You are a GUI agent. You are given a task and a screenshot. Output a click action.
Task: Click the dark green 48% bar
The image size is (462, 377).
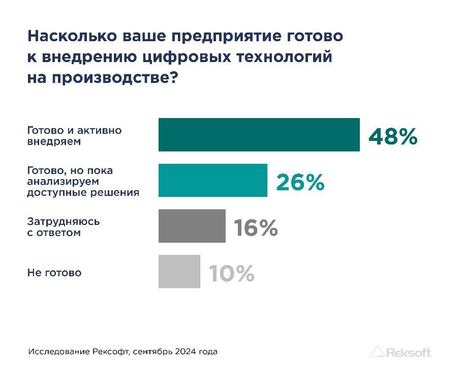[259, 135]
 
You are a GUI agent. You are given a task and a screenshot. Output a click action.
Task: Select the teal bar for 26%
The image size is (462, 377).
[212, 180]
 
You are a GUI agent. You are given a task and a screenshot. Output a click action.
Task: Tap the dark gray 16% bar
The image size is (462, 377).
[192, 226]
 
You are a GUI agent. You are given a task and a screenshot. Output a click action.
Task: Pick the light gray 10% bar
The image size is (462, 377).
[179, 272]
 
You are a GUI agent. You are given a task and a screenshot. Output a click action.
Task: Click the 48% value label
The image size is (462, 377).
[392, 136]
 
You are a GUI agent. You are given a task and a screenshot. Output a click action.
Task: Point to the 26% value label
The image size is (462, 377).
[300, 182]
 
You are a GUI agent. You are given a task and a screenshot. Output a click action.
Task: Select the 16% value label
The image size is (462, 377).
[256, 228]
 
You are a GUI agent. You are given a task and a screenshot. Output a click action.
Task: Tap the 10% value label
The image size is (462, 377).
[231, 274]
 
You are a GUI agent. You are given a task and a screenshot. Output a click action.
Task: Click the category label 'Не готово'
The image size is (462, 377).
[54, 273]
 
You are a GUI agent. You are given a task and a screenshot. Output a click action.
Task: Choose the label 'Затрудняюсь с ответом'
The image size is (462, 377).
[63, 227]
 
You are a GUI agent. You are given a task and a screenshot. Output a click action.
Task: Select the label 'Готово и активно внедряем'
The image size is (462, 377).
[74, 136]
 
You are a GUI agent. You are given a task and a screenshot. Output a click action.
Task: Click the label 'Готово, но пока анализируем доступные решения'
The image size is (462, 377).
[83, 182]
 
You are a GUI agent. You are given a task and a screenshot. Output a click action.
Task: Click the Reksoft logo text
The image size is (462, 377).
[409, 352]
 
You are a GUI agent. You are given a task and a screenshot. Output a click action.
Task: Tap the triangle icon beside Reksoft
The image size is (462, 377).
[377, 352]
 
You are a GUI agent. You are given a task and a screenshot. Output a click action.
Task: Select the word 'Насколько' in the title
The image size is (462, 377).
[71, 37]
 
